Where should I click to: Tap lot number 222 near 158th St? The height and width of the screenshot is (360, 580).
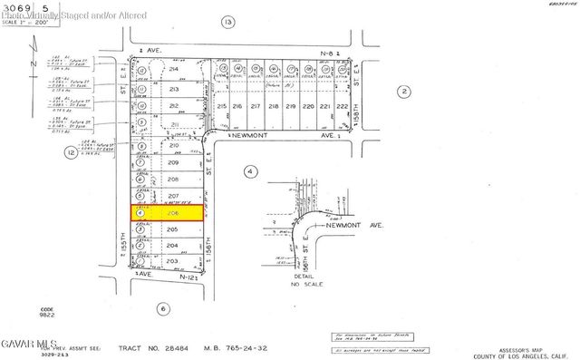pos(341,107)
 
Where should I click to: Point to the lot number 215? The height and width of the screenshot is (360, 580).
pos(223,107)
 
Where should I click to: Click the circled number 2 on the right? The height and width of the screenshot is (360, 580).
pos(404,91)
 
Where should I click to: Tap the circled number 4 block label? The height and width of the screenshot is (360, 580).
pos(250,170)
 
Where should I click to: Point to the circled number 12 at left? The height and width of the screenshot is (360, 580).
pos(69,154)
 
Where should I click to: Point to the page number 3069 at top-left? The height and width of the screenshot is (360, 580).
pos(14,7)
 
